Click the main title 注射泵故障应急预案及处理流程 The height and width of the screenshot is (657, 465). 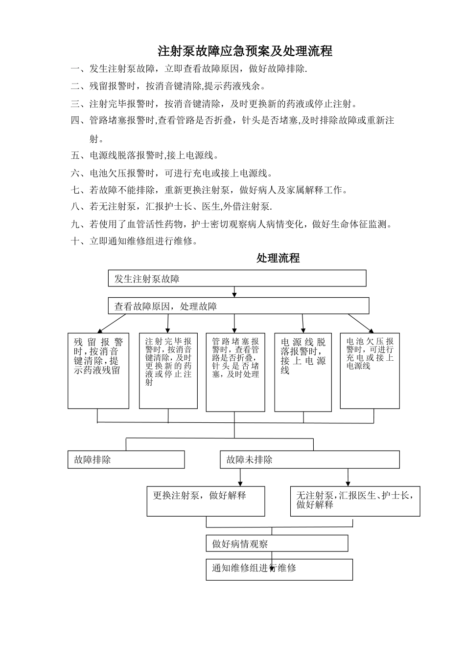click(245, 51)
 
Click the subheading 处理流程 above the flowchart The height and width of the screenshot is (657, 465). click(278, 258)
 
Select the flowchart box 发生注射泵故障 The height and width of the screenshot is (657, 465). click(237, 279)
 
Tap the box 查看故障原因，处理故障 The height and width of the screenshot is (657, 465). click(238, 306)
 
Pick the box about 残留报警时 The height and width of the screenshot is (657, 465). click(98, 371)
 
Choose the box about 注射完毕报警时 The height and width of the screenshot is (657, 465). click(168, 371)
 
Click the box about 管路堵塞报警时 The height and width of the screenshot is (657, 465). click(235, 372)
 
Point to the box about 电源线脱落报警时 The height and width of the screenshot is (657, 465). click(303, 372)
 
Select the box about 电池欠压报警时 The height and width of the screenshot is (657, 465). click(370, 371)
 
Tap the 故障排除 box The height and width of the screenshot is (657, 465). click(126, 460)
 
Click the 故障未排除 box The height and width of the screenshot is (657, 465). click(309, 460)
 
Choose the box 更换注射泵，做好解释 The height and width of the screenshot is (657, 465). click(206, 501)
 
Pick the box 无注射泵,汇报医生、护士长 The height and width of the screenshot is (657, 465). click(355, 501)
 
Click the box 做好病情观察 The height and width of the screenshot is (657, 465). click(277, 544)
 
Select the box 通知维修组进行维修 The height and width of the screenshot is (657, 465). click(279, 569)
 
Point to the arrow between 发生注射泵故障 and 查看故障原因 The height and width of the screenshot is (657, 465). click(234, 292)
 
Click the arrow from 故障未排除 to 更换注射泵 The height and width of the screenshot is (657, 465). click(240, 478)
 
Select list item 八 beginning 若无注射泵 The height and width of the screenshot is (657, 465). click(171, 206)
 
